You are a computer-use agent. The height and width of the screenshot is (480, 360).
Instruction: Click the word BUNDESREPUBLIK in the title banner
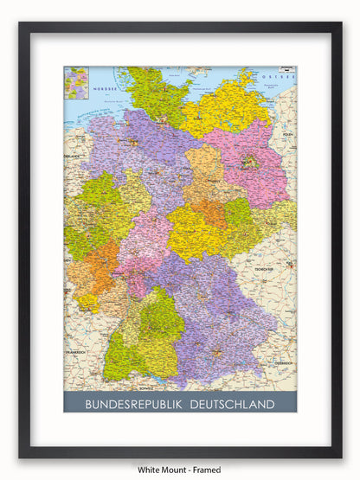click(131, 404)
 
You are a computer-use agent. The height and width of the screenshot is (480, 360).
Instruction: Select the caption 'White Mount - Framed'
click(179, 470)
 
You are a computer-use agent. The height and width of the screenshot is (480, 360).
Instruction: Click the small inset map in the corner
click(76, 83)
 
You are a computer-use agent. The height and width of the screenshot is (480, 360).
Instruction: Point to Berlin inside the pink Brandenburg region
click(250, 161)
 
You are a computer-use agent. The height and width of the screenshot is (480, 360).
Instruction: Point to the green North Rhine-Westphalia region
click(100, 208)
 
